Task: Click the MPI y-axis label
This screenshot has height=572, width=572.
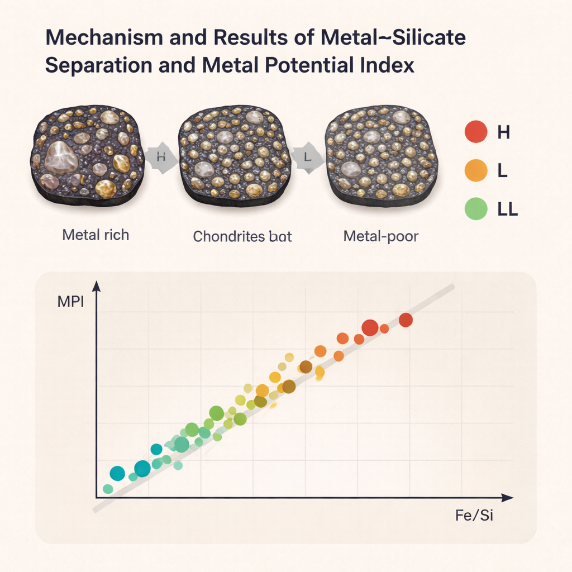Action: coord(70,302)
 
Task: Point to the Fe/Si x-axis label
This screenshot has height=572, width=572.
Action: coord(474,515)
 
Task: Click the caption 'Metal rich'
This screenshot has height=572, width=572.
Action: coord(96,235)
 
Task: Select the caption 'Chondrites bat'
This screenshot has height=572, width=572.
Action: coord(242,236)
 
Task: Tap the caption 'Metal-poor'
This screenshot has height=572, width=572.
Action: coord(380,236)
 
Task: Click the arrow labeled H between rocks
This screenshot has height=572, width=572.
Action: coord(161,157)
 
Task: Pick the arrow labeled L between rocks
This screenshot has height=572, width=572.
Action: coord(307,157)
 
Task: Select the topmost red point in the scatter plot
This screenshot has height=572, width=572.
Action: coord(406,320)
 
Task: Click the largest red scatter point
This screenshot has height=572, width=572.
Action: coord(370,328)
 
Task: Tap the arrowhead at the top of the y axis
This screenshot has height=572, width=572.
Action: coord(96,287)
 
